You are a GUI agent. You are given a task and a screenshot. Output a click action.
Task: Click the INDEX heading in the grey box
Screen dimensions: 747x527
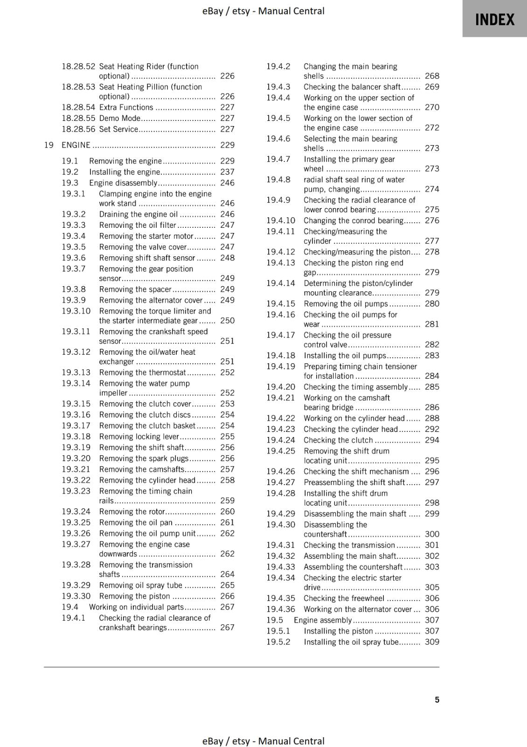point(494,20)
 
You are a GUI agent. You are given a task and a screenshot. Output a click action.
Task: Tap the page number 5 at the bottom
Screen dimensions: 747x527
point(437,699)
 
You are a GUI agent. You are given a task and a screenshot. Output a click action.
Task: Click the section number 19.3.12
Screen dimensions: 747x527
point(76,352)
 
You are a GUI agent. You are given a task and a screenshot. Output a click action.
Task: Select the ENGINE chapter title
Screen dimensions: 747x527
point(76,145)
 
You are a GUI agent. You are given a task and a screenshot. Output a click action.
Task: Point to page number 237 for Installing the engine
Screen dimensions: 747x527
point(227,172)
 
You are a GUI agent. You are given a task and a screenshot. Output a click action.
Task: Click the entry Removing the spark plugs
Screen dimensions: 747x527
point(144,458)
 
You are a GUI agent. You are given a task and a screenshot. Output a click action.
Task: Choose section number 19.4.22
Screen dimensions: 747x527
point(280,418)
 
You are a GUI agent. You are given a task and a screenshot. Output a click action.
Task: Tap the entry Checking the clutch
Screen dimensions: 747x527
point(338,440)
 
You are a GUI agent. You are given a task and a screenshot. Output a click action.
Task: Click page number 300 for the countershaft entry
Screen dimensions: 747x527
point(432,534)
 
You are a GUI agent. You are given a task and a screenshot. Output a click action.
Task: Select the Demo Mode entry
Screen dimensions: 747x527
point(119,119)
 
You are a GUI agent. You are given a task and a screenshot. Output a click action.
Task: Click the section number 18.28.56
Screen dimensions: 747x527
point(78,129)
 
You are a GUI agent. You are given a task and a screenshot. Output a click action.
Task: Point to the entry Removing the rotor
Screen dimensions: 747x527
point(132,512)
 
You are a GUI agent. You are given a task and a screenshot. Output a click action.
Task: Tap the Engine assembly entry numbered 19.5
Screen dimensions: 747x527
point(323,620)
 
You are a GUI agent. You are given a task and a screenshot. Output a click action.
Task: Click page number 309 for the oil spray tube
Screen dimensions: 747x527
point(432,642)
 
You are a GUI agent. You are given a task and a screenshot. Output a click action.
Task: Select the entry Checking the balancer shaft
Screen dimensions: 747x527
point(352,87)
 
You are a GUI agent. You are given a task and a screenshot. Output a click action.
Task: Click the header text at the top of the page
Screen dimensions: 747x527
point(263,11)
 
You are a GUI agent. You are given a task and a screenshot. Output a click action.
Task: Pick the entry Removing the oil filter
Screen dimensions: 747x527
point(138,225)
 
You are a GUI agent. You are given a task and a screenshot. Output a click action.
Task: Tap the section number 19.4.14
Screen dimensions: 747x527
point(280,283)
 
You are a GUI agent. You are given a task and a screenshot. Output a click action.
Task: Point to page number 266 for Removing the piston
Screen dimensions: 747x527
point(227,596)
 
